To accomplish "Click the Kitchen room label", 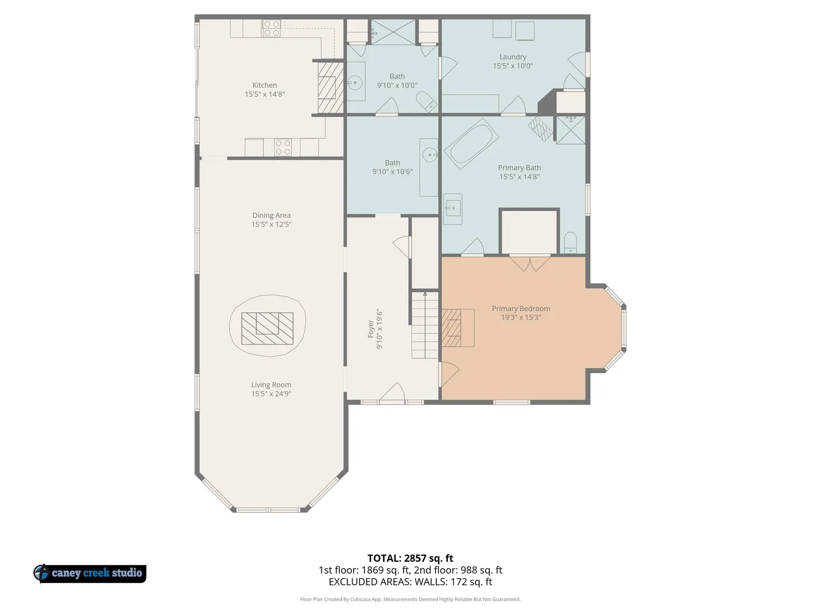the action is [x=265, y=86].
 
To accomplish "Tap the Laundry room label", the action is [x=513, y=57].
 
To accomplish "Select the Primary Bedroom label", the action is [x=521, y=309].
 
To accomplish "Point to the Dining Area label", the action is [x=271, y=216].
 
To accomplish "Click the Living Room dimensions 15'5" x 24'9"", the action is [x=271, y=394].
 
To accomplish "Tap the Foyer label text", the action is [x=371, y=329].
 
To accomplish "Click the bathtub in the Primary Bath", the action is [x=472, y=144].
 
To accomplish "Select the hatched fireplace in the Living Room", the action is [x=267, y=329].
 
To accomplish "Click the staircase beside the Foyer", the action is [x=425, y=325].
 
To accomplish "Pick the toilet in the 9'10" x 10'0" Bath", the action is [x=426, y=102].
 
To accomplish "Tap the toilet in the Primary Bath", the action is [x=570, y=243].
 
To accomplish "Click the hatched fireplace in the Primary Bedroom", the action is [x=452, y=328].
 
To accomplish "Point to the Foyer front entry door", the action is [x=392, y=393].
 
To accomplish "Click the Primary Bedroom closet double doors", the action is [x=530, y=264].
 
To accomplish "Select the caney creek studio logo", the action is [x=90, y=573].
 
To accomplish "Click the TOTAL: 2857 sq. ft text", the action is [x=410, y=558].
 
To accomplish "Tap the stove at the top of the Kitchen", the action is [x=271, y=29].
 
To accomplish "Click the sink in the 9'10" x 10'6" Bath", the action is [x=430, y=155].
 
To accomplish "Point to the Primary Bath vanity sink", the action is [x=453, y=208].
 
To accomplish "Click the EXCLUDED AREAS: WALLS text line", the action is [x=410, y=582].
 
